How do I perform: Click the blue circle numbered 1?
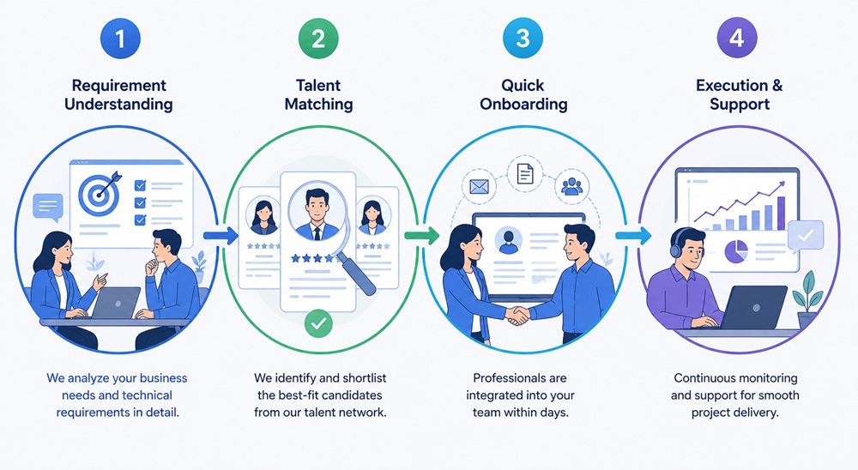[x=120, y=39]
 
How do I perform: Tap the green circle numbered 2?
[x=318, y=39]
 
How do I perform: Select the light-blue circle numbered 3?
[x=523, y=39]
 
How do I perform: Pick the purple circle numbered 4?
[x=737, y=39]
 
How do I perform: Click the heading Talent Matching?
[x=318, y=94]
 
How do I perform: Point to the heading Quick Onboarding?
[x=523, y=94]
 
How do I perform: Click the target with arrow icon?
[x=100, y=192]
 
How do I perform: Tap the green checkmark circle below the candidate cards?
[x=318, y=323]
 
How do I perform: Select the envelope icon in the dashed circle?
[x=479, y=187]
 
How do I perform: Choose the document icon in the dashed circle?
[x=525, y=173]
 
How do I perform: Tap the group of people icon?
[x=571, y=187]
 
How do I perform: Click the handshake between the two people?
[x=517, y=316]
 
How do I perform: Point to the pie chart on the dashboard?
[x=736, y=251]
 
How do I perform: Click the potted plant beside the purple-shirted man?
[x=807, y=301]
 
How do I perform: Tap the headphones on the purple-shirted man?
[x=677, y=244]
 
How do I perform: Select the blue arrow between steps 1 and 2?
[x=221, y=236]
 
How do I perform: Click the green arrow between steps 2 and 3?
[x=422, y=236]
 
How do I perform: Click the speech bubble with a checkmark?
[x=806, y=237]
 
